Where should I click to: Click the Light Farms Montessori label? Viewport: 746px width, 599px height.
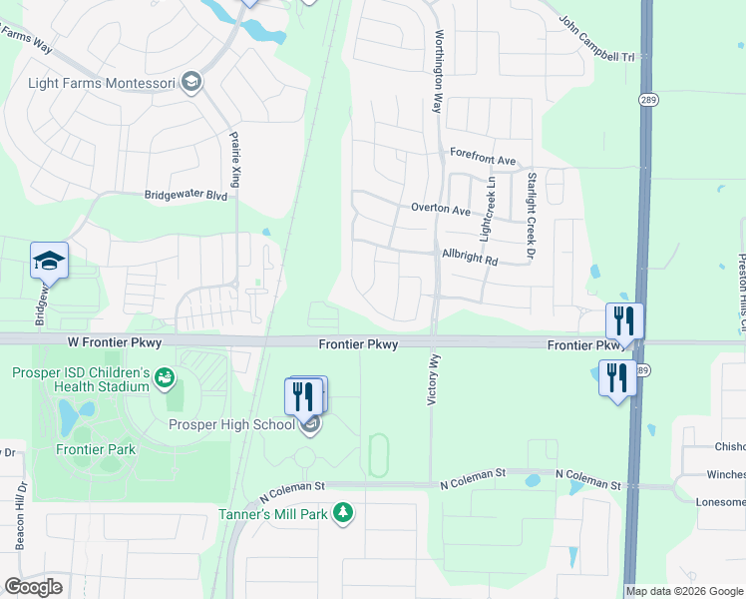(x=102, y=83)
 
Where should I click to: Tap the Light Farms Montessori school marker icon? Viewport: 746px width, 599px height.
(x=192, y=83)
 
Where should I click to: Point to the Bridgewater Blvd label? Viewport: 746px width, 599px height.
(x=186, y=196)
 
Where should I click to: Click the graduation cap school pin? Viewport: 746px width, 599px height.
(x=49, y=262)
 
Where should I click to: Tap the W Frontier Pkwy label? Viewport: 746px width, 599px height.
(x=115, y=342)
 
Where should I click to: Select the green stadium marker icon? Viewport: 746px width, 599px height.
(x=165, y=377)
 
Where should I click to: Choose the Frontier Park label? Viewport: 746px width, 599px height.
(x=97, y=449)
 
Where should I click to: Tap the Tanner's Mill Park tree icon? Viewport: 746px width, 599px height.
(x=342, y=513)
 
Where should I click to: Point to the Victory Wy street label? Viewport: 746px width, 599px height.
(x=433, y=377)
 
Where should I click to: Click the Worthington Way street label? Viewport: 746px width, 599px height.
(x=437, y=71)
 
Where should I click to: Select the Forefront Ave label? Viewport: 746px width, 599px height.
(x=483, y=160)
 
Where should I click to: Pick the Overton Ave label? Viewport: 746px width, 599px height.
(x=441, y=211)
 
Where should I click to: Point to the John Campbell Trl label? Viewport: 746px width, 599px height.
(x=596, y=38)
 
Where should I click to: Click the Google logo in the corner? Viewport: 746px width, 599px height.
(x=33, y=587)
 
